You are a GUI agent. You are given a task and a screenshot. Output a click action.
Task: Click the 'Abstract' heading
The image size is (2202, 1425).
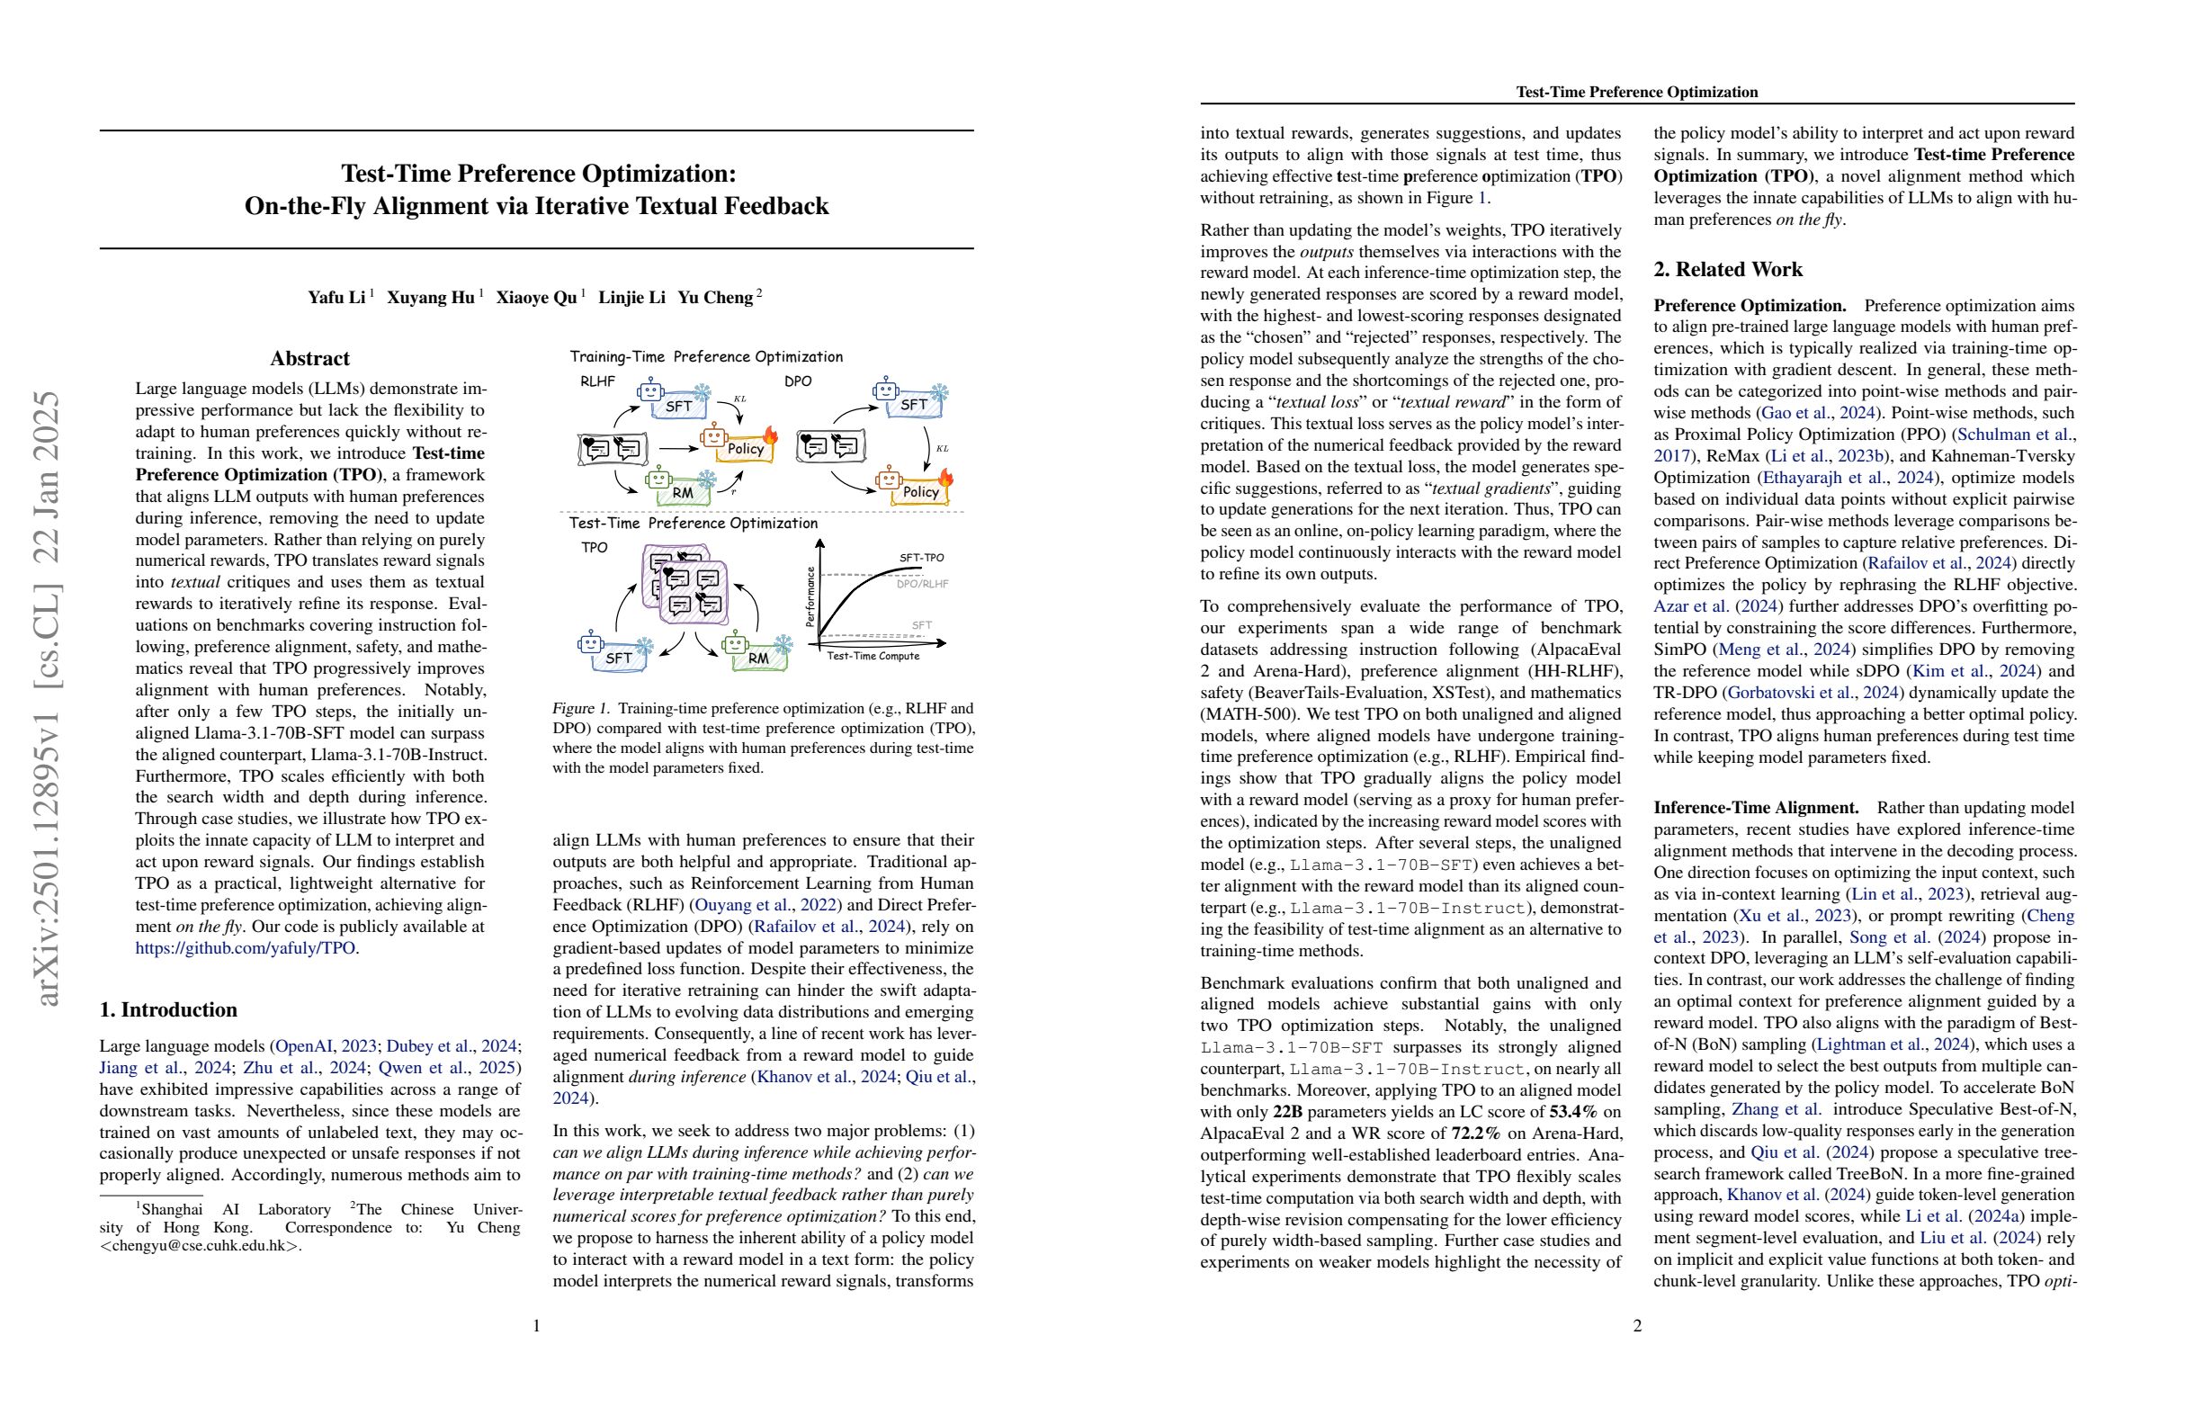310,358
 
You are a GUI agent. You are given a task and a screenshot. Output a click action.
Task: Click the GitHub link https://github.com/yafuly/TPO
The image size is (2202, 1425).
246,947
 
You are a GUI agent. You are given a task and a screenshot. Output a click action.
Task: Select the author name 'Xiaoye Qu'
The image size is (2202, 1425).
537,297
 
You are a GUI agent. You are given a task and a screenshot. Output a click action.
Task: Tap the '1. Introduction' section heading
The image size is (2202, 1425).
168,1009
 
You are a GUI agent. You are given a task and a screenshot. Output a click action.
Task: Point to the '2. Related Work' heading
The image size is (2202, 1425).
1727,269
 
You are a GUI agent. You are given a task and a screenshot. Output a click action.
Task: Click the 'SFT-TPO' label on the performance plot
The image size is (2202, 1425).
921,558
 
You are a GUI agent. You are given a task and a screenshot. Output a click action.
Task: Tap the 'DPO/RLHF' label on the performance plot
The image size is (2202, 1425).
921,584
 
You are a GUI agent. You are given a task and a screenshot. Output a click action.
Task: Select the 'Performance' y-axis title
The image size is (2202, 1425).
811,596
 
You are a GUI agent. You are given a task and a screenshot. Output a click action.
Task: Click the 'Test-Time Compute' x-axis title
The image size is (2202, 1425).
873,656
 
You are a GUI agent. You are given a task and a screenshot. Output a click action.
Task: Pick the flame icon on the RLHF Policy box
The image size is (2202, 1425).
770,434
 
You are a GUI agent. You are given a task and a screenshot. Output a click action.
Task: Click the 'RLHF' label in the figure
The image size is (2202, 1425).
597,381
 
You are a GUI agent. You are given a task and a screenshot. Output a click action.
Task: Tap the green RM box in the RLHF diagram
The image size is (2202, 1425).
683,490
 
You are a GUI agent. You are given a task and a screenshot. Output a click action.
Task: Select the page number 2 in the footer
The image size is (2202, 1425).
1637,1325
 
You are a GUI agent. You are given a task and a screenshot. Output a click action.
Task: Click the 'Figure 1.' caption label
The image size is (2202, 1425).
581,708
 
